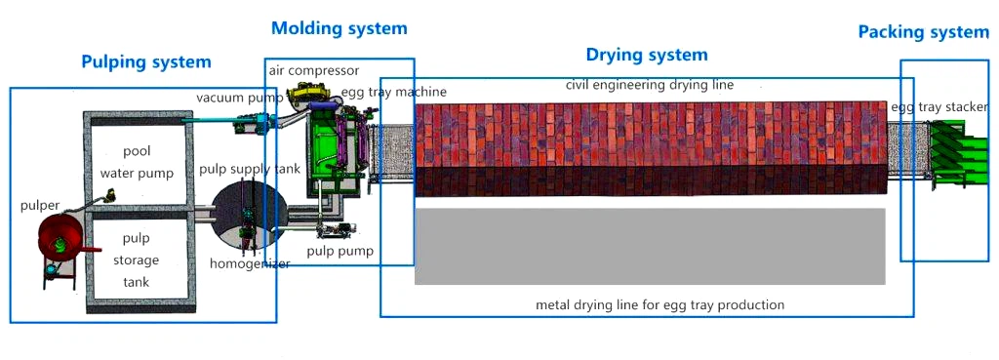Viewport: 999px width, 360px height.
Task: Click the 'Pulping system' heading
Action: coord(145,62)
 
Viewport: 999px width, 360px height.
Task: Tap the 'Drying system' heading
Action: coord(646,55)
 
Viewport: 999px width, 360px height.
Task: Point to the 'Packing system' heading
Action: coord(923,32)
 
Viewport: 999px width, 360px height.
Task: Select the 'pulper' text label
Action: coord(40,206)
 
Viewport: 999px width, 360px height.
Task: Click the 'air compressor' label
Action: coord(314,71)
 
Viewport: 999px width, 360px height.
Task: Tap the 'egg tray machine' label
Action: coord(393,92)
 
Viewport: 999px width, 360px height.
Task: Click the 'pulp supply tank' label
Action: coord(250,169)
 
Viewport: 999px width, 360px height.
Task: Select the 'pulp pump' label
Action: coord(340,251)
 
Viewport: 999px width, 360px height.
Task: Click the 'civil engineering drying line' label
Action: coord(649,85)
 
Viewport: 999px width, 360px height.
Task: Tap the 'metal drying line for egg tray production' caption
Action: coord(659,304)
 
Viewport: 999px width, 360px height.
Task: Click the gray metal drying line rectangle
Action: coord(650,246)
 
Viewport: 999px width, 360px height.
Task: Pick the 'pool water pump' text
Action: coord(137,163)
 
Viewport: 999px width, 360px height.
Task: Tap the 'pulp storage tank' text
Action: coord(136,260)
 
